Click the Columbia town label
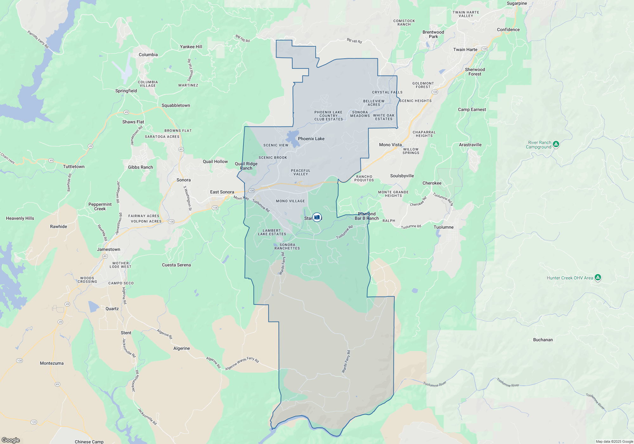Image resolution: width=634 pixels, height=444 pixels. pyautogui.click(x=148, y=55)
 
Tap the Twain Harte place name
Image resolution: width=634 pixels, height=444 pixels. pyautogui.click(x=465, y=49)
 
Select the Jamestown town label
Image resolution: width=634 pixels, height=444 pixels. pyautogui.click(x=108, y=249)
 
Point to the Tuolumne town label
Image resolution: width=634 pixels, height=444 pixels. pyautogui.click(x=443, y=227)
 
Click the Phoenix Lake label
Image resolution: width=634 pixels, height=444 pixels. pyautogui.click(x=311, y=139)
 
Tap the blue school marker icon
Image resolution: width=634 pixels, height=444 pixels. pyautogui.click(x=317, y=217)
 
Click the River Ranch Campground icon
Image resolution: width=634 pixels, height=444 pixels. pyautogui.click(x=556, y=144)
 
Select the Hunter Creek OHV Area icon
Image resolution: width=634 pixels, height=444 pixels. pyautogui.click(x=598, y=277)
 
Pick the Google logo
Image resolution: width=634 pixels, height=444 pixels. pyautogui.click(x=11, y=440)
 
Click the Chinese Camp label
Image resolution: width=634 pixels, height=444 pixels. pyautogui.click(x=89, y=441)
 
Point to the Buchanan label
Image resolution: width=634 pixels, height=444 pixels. pyautogui.click(x=543, y=340)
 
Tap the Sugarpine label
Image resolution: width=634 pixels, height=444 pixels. pyautogui.click(x=517, y=3)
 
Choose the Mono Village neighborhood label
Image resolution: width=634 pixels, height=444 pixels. pyautogui.click(x=290, y=201)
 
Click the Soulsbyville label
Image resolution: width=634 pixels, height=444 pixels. pyautogui.click(x=402, y=176)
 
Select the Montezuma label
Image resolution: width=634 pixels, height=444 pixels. pyautogui.click(x=52, y=363)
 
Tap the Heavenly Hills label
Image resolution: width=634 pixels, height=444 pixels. pyautogui.click(x=20, y=218)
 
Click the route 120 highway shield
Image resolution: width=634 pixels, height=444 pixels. pyautogui.click(x=34, y=422)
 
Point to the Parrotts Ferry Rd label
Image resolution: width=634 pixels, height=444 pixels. pyautogui.click(x=38, y=39)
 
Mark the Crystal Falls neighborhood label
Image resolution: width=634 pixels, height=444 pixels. pyautogui.click(x=387, y=92)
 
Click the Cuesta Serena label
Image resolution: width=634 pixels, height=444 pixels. pyautogui.click(x=176, y=265)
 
